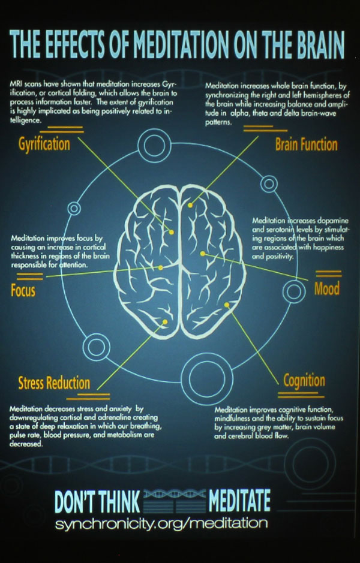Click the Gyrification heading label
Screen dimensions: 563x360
[x=44, y=144]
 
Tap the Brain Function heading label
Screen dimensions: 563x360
[x=306, y=144]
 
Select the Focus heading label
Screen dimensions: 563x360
[x=23, y=291]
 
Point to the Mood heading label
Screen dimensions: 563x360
[x=327, y=288]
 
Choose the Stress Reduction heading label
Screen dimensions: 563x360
[x=54, y=383]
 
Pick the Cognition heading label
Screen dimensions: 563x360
[x=304, y=381]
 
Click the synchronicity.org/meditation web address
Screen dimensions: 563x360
[x=161, y=523]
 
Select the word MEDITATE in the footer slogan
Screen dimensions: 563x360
[x=239, y=501]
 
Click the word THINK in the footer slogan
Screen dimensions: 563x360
[x=115, y=501]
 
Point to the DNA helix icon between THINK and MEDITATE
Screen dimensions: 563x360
[x=175, y=501]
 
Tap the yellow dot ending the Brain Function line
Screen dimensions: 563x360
[x=190, y=205]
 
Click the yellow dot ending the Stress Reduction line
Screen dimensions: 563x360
[x=166, y=323]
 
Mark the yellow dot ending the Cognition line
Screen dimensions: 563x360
[x=227, y=305]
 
